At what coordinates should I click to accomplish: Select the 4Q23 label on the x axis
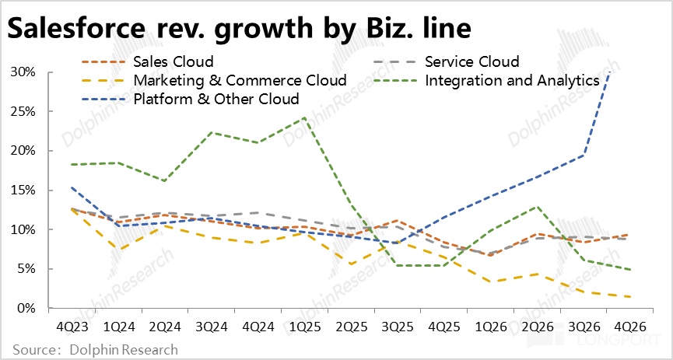pyautogui.click(x=72, y=327)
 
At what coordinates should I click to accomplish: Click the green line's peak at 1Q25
pyautogui.click(x=304, y=117)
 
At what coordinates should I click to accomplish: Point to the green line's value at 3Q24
pyautogui.click(x=212, y=132)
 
